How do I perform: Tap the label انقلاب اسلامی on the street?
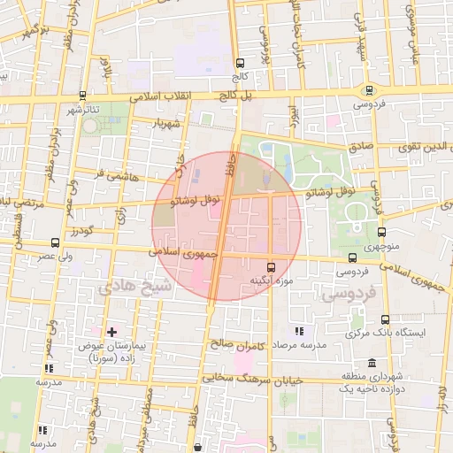tap(136, 97)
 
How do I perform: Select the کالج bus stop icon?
tap(240, 63)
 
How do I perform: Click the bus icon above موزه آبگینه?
tap(271, 265)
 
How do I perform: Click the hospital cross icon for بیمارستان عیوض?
tap(111, 331)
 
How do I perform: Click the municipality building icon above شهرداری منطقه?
tap(371, 364)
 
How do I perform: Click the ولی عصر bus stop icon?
tap(56, 242)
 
